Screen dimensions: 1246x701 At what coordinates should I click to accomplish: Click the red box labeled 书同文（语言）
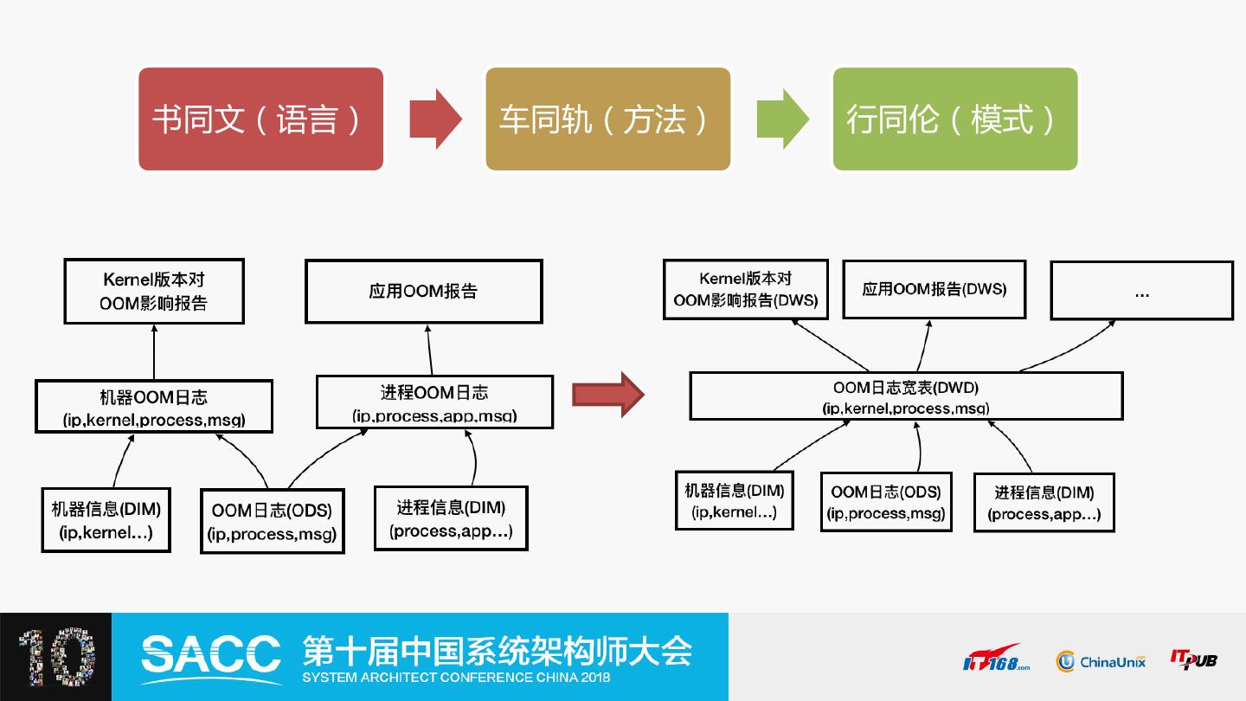pos(260,119)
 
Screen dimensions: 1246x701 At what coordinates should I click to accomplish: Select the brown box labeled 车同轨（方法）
pos(608,119)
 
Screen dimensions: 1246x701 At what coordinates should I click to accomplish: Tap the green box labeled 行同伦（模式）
pos(955,119)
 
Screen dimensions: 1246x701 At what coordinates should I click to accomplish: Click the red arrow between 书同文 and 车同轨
pos(435,119)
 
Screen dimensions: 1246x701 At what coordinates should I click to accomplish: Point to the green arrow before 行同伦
pos(782,119)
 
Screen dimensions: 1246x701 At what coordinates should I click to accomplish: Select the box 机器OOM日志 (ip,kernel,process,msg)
pos(154,406)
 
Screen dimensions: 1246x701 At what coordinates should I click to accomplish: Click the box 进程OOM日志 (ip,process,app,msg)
pos(434,402)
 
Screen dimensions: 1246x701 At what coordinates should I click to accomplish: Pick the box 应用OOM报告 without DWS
pos(424,291)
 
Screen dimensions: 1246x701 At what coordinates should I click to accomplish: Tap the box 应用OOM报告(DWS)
pos(934,289)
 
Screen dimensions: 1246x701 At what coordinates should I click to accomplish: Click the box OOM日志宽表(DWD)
pos(906,396)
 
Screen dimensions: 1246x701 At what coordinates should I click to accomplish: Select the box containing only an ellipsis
pos(1142,290)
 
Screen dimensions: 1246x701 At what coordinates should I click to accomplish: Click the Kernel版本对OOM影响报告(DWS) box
pos(746,289)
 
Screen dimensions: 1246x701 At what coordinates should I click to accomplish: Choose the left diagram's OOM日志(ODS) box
pos(273,521)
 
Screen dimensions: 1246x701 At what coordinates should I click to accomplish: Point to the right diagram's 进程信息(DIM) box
pos(1044,502)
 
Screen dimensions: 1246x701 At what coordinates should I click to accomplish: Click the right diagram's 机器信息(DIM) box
pos(735,500)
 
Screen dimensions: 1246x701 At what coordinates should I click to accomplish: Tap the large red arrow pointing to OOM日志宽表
pos(608,395)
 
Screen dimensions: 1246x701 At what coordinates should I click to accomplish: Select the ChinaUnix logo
pos(1101,661)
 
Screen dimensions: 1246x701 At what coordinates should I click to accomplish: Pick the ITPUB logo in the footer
pos(1194,659)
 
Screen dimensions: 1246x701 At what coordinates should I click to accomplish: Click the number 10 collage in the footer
pos(57,657)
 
